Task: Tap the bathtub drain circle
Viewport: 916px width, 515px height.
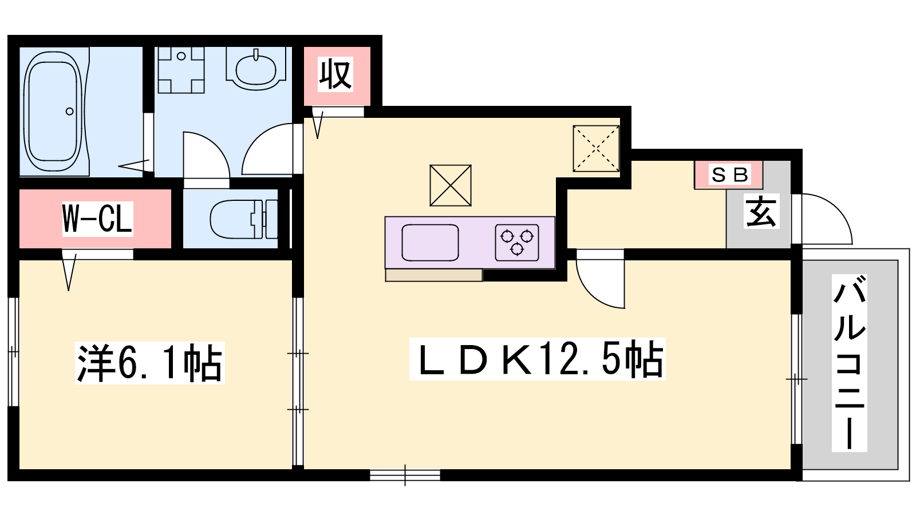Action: [x=69, y=111]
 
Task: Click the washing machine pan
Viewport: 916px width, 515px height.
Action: [x=181, y=70]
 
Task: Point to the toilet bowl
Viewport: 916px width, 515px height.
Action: [x=243, y=219]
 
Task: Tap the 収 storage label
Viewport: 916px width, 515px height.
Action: [x=335, y=74]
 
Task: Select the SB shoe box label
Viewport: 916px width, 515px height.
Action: [x=729, y=175]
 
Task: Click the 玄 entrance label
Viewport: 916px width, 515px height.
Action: [x=761, y=211]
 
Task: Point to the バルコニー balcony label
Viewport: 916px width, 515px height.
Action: [x=850, y=363]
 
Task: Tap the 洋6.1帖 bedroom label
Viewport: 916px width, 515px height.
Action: [x=149, y=363]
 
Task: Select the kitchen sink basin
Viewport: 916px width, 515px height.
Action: [x=430, y=243]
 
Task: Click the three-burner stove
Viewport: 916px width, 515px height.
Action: [x=517, y=243]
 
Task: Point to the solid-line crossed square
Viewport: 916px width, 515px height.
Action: [x=450, y=185]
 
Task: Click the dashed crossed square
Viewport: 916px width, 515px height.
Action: [x=596, y=148]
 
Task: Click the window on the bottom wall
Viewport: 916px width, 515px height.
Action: [x=405, y=475]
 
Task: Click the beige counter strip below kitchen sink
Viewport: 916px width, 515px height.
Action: [x=434, y=275]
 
